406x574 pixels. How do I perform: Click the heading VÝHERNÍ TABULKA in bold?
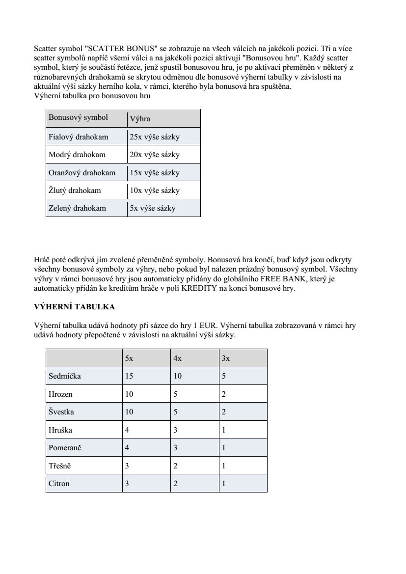(x=74, y=306)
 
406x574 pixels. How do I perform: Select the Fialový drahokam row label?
(x=78, y=137)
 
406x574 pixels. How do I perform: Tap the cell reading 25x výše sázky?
(x=154, y=137)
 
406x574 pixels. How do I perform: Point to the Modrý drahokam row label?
(x=77, y=154)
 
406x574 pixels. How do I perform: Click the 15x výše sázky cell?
(x=154, y=173)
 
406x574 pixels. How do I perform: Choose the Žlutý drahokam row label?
(x=75, y=190)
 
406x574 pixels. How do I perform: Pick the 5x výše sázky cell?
(x=152, y=208)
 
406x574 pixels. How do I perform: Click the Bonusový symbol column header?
(x=78, y=117)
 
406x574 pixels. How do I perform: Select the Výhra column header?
(x=140, y=119)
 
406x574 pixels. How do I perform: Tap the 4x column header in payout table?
(x=177, y=358)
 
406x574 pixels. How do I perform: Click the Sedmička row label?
(x=64, y=376)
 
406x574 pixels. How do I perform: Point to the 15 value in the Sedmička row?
(x=129, y=376)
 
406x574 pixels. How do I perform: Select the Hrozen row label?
(x=60, y=394)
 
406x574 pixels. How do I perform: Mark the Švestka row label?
(x=61, y=411)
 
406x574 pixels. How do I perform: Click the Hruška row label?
(x=60, y=430)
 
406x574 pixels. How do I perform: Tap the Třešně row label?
(x=60, y=465)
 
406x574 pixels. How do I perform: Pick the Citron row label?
(x=59, y=484)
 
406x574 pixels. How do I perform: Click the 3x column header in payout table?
(x=226, y=358)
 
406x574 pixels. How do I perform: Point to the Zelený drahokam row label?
(x=77, y=208)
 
